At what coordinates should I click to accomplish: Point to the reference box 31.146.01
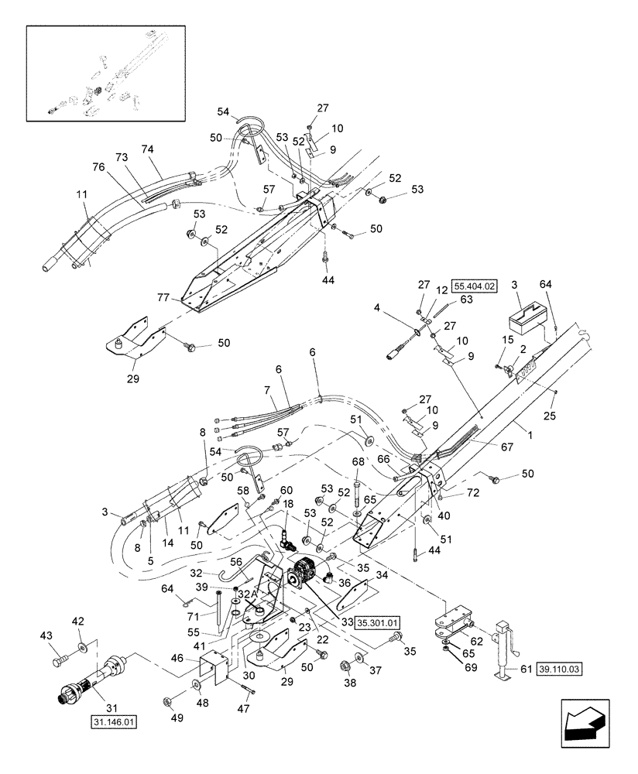coord(114,723)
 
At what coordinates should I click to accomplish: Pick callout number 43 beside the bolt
coord(46,635)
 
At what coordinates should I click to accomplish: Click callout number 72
coord(473,492)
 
